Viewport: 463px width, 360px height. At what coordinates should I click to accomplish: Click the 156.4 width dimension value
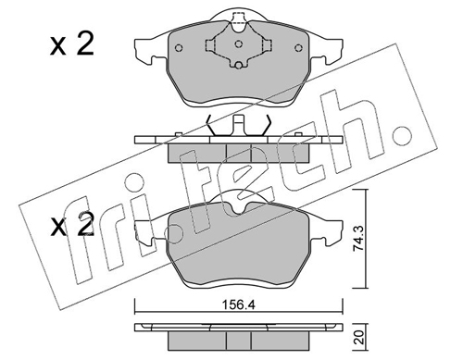pyautogui.click(x=239, y=305)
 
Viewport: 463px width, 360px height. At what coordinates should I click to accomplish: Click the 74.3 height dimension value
pyautogui.click(x=359, y=239)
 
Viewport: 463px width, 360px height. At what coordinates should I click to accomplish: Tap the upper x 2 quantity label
pyautogui.click(x=72, y=44)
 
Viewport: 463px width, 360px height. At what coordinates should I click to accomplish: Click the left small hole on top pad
pyautogui.click(x=179, y=48)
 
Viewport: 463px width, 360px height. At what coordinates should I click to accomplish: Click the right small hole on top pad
pyautogui.click(x=298, y=48)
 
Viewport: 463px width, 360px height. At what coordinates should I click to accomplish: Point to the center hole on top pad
pyautogui.click(x=238, y=44)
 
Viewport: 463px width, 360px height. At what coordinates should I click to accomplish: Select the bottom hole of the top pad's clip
pyautogui.click(x=238, y=65)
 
